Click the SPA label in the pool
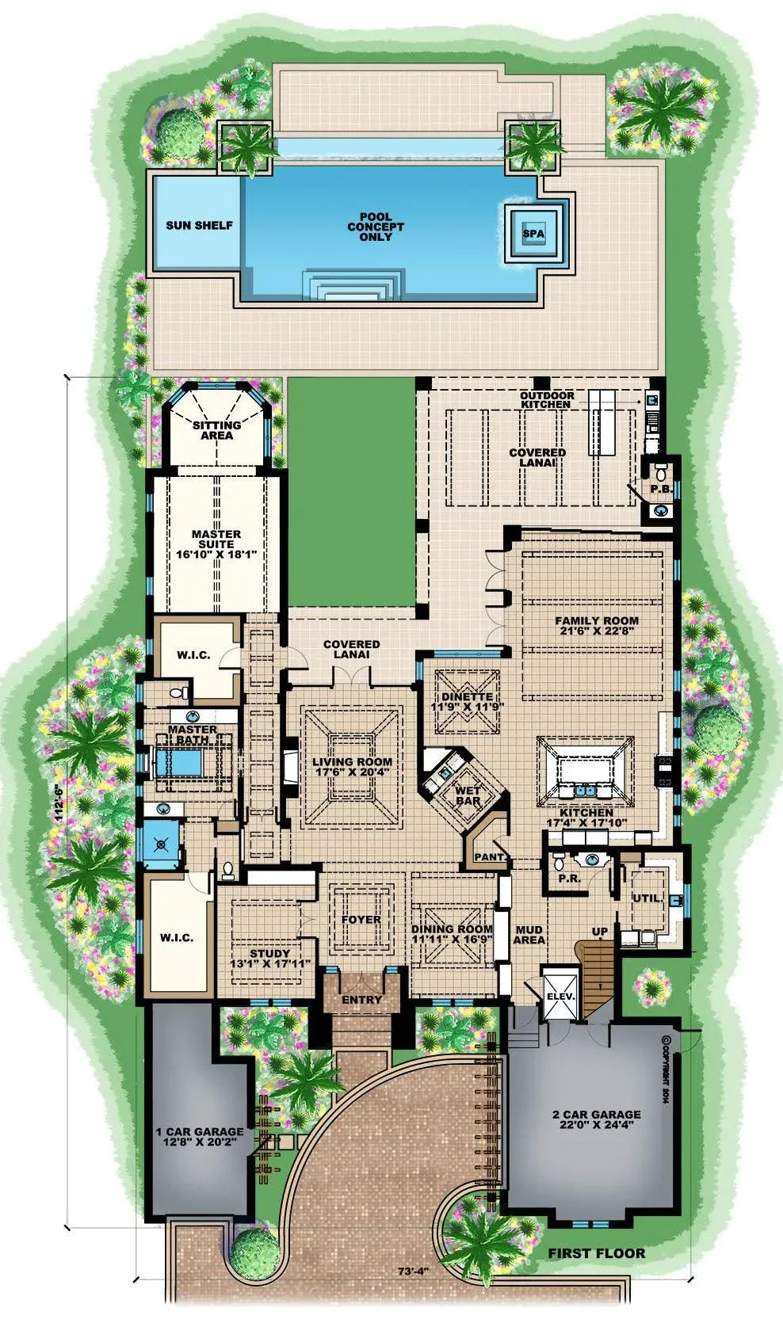[533, 234]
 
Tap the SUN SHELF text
[199, 225]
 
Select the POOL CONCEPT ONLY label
[376, 227]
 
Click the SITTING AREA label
[216, 430]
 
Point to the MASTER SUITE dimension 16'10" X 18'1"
[216, 555]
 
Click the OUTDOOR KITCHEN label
[546, 399]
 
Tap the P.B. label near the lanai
[661, 489]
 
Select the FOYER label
[361, 920]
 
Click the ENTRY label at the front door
[361, 1000]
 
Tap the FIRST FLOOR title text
[597, 1252]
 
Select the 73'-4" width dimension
[412, 1272]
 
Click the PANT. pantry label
[485, 857]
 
